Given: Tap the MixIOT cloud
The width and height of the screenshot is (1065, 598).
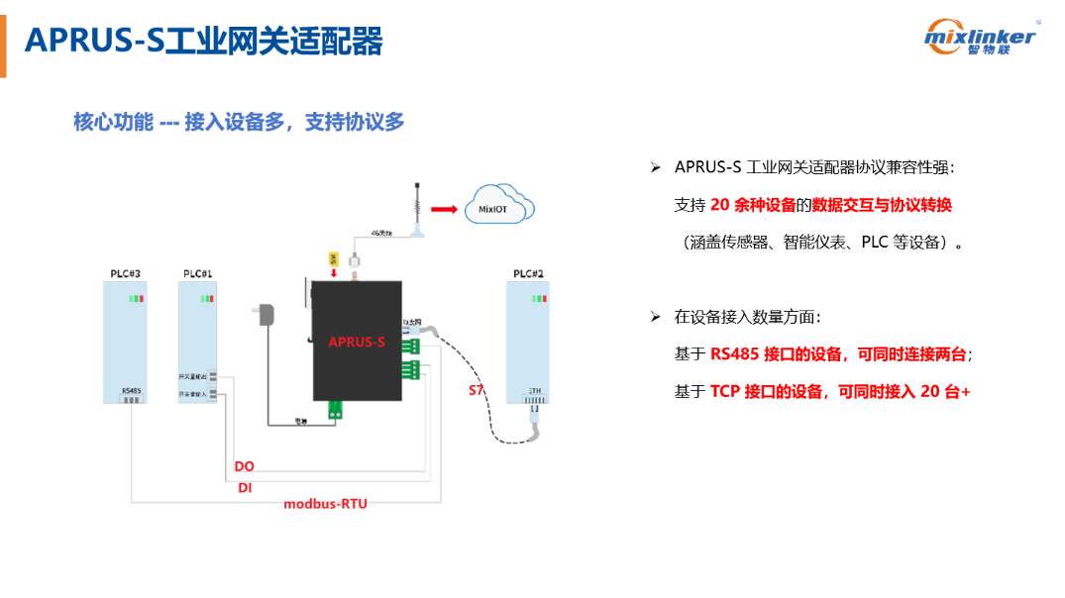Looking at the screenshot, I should tap(498, 206).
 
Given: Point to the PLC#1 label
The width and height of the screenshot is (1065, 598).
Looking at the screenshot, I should tap(197, 273).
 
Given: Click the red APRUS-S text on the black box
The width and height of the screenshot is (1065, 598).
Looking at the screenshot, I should tap(357, 343).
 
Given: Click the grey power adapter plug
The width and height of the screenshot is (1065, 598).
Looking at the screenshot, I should tap(265, 316).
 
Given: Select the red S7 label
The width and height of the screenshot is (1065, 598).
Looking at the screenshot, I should tap(477, 390).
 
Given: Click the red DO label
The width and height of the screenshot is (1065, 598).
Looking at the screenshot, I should tap(244, 466).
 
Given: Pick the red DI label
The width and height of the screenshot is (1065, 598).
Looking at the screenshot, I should tap(244, 487).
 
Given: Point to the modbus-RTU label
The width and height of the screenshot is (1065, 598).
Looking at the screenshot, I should tap(325, 504).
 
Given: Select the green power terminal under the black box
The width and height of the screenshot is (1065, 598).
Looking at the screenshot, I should tap(336, 408).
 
